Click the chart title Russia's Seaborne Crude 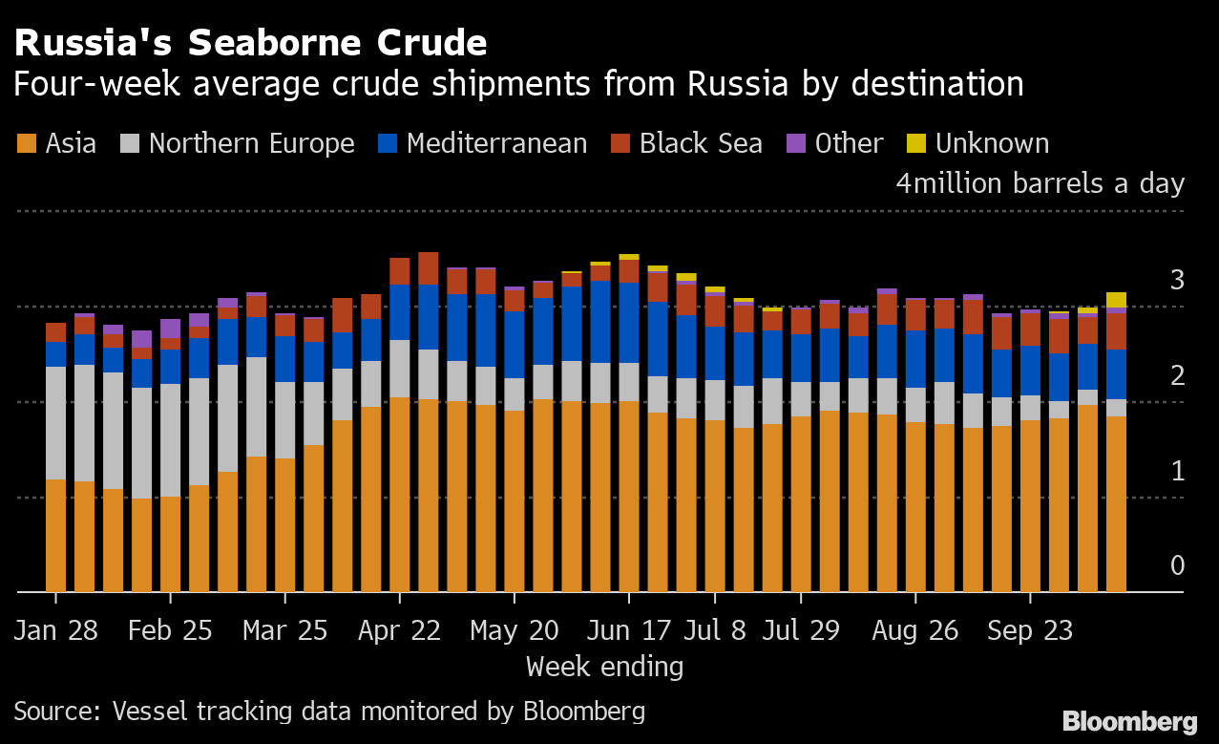click(x=250, y=43)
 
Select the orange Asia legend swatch click(x=27, y=144)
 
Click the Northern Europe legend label click(x=251, y=144)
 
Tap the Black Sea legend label click(x=701, y=144)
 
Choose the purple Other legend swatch click(x=796, y=144)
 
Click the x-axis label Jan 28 click(x=55, y=631)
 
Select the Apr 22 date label click(x=400, y=631)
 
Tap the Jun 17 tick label click(x=628, y=631)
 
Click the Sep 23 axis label click(x=1030, y=631)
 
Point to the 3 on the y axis click(x=1177, y=280)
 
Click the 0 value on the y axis click(x=1177, y=565)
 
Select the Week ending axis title click(x=604, y=666)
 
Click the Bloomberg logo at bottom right click(x=1130, y=721)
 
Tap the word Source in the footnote click(x=56, y=712)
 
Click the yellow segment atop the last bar click(x=1116, y=300)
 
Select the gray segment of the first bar click(x=56, y=423)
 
